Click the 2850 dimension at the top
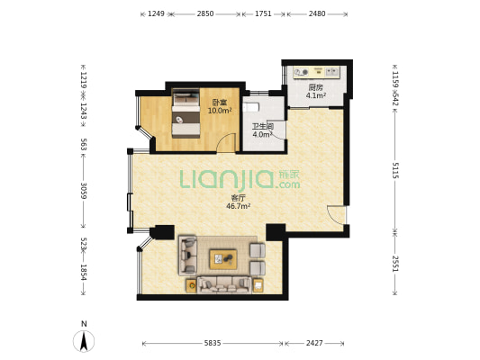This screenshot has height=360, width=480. click(205, 13)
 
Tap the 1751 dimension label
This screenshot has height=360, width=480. click(263, 13)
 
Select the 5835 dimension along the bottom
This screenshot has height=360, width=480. click(213, 343)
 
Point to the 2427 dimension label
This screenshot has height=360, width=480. click(314, 343)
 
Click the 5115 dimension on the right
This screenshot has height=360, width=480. click(395, 170)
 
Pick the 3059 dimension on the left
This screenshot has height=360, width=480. click(83, 191)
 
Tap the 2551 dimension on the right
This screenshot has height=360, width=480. click(395, 264)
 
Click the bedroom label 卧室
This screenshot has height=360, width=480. click(220, 103)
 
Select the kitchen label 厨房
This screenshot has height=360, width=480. click(315, 87)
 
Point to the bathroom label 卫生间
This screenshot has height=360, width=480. click(263, 126)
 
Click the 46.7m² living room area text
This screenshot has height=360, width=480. click(238, 206)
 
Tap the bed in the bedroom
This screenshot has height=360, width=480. click(186, 113)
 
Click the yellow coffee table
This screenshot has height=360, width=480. click(223, 259)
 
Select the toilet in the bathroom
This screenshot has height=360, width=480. click(251, 107)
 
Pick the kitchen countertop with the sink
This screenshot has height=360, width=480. click(316, 73)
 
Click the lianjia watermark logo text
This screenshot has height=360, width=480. click(240, 179)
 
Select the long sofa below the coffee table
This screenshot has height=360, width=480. click(224, 285)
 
